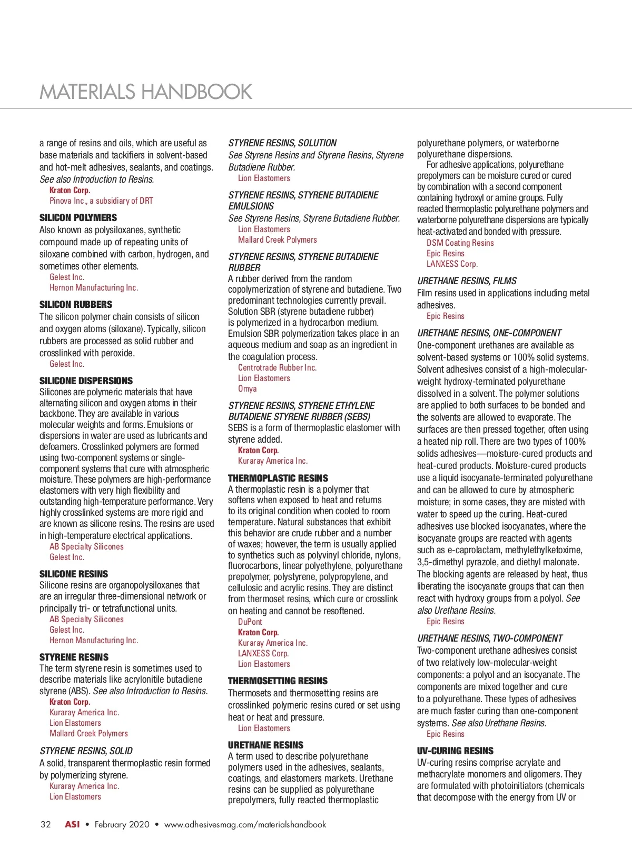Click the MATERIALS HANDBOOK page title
[x=146, y=92]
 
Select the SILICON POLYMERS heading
[x=78, y=218]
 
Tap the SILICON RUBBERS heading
[x=76, y=305]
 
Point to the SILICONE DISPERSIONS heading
[x=86, y=381]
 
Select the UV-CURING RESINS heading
[x=455, y=751]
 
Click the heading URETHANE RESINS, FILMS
[x=467, y=281]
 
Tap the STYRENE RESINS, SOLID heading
[x=86, y=751]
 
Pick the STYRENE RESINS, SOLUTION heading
[x=282, y=143]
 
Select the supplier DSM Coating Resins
[x=460, y=243]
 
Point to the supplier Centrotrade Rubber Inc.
[x=277, y=368]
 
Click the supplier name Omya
[x=247, y=389]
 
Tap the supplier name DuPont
[x=250, y=622]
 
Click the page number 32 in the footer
[x=46, y=825]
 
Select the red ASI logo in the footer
[x=72, y=825]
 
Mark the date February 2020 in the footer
[x=122, y=825]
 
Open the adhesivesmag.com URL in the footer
[x=245, y=825]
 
